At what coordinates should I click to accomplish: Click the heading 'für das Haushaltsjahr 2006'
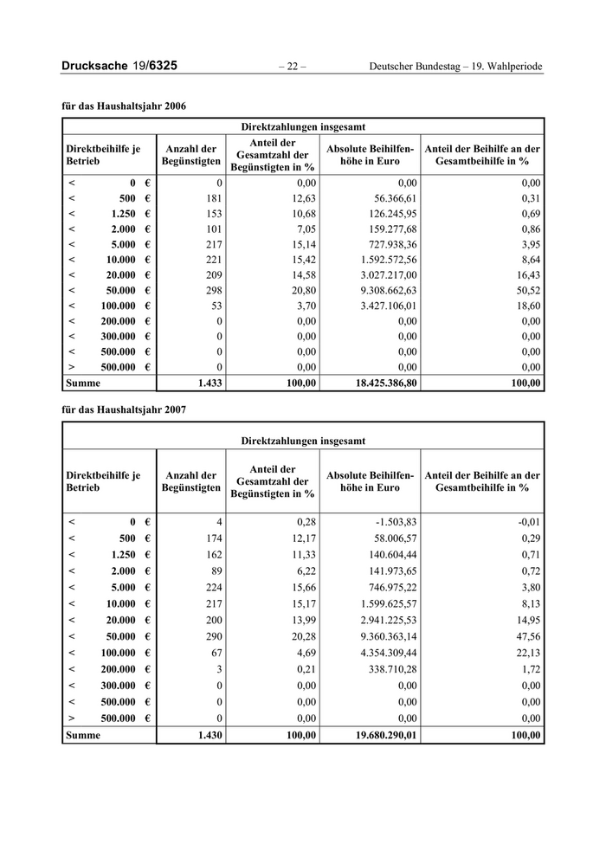(x=124, y=106)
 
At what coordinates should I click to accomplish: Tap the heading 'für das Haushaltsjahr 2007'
(x=124, y=409)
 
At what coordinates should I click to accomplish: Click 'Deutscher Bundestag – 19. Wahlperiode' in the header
(x=456, y=67)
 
